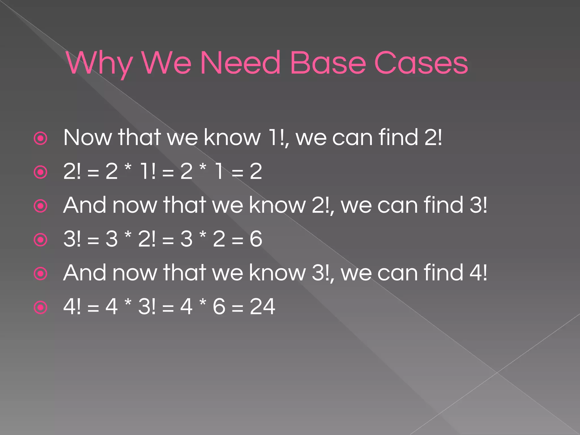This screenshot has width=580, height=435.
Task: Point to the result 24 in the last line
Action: click(x=262, y=306)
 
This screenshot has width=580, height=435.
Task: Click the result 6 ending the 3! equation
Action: click(x=256, y=239)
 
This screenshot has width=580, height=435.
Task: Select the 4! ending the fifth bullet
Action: click(x=478, y=273)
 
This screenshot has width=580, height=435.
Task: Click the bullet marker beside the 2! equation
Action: click(x=40, y=172)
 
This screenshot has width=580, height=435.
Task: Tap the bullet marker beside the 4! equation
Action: click(x=40, y=308)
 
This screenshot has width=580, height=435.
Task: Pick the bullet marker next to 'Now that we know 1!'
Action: click(x=40, y=138)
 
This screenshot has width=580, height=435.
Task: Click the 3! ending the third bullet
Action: click(x=478, y=205)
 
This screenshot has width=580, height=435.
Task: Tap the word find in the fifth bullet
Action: click(x=443, y=273)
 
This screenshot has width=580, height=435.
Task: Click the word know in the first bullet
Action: click(x=232, y=138)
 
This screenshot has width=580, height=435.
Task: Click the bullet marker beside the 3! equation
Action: click(x=40, y=240)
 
